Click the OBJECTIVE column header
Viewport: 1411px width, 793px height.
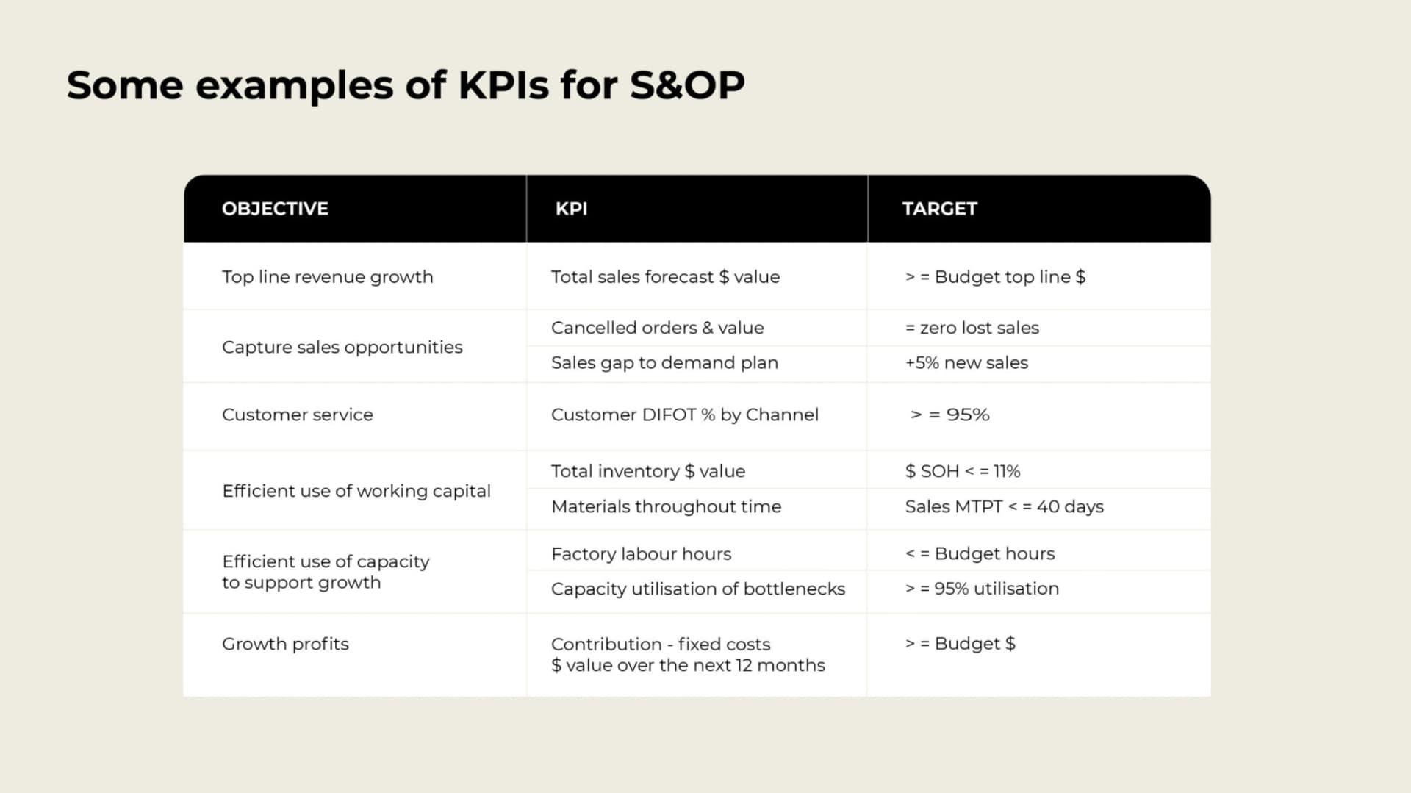275,209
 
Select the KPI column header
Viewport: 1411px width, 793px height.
571,209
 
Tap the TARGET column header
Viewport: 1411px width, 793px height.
939,209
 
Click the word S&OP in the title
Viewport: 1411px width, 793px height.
687,85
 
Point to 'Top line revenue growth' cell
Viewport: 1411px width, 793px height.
328,277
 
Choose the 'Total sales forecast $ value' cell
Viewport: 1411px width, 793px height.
665,277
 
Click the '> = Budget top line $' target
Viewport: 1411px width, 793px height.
995,277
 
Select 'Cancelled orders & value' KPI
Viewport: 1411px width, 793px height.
657,328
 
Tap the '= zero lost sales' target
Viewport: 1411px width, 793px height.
972,328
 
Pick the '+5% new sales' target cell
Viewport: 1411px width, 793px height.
966,363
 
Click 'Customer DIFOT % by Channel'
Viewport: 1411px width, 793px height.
684,415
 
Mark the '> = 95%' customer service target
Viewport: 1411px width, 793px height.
949,415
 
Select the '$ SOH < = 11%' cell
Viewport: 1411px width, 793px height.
962,471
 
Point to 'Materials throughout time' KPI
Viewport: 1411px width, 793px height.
666,506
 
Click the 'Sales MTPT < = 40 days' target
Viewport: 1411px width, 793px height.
1004,506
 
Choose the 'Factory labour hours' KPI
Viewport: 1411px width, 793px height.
641,553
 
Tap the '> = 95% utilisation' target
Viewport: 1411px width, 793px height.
982,589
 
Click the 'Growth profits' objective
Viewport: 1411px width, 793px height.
285,644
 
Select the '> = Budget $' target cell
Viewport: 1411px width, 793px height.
960,644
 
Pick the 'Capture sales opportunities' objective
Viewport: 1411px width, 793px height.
342,347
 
